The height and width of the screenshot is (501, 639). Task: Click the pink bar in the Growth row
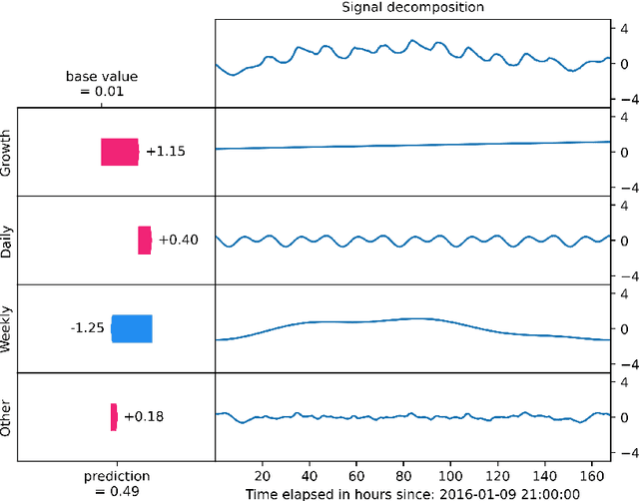pyautogui.click(x=119, y=152)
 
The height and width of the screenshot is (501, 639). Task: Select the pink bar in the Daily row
pyautogui.click(x=144, y=241)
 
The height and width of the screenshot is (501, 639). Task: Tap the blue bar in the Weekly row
pyautogui.click(x=132, y=328)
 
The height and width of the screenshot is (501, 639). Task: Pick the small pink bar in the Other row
pyautogui.click(x=114, y=416)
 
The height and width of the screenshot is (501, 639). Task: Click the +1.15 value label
pyautogui.click(x=165, y=152)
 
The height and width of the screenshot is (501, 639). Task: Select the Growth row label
pyautogui.click(x=8, y=153)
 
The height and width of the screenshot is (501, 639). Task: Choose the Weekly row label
pyautogui.click(x=8, y=329)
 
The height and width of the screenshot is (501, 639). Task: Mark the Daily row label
pyautogui.click(x=8, y=241)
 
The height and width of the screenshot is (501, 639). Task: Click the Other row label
pyautogui.click(x=8, y=417)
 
